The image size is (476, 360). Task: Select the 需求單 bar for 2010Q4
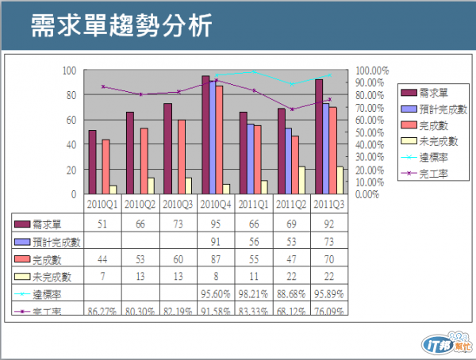pos(205,135)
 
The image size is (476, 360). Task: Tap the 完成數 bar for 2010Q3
pos(182,156)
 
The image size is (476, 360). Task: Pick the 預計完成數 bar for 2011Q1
pos(251,159)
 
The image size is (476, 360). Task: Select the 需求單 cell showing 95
pos(216,224)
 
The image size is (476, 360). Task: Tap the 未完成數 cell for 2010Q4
pos(216,276)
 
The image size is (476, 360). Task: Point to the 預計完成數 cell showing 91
pos(216,241)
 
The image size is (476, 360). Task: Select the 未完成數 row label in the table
pos(48,276)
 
